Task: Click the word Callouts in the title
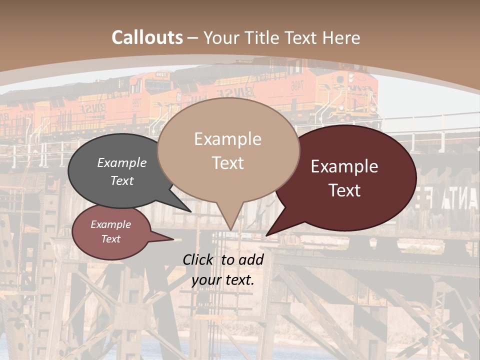coord(147,37)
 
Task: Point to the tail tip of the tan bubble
coord(230,229)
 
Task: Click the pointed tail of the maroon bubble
coord(268,234)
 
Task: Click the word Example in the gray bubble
coord(122,162)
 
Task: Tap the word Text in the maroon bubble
coord(345,190)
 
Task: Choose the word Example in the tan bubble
coord(227,139)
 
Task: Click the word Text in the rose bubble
coord(111,239)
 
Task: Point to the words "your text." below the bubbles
coord(223,280)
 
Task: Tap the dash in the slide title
coord(193,37)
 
